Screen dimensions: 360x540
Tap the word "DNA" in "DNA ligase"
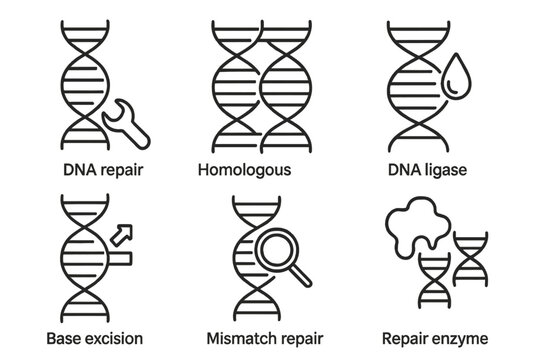pyautogui.click(x=409, y=169)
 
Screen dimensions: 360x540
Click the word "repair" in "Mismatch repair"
pyautogui.click(x=299, y=336)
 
